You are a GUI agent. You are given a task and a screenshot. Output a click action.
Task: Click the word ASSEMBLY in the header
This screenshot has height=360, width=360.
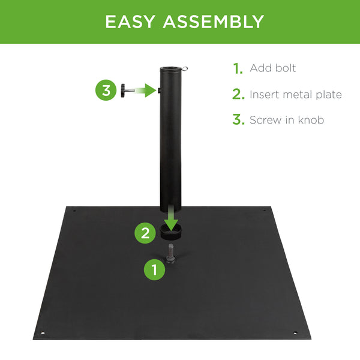point(212,22)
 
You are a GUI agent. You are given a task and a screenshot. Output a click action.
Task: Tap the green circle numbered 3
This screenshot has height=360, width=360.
point(106,91)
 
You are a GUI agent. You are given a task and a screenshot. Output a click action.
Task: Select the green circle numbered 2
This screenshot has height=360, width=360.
point(145,233)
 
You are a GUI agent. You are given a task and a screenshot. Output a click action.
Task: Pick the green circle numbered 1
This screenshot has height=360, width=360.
point(155,270)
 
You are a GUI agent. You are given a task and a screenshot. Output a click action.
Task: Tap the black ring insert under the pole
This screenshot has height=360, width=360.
point(173,232)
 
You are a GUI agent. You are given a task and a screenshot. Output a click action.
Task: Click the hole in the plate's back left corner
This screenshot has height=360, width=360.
point(74,210)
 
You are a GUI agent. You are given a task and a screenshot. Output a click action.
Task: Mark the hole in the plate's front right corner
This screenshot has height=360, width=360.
point(295,333)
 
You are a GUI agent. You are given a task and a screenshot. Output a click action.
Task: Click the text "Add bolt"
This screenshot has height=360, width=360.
point(273,68)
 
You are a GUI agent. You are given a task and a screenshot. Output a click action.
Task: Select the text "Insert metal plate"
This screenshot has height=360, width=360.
point(296,94)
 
